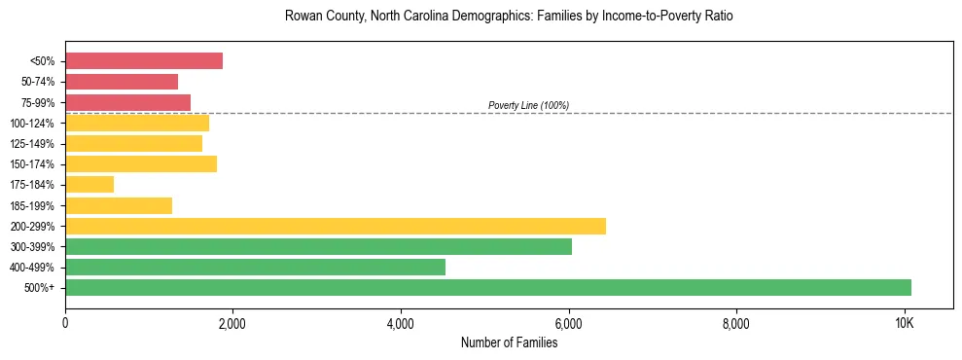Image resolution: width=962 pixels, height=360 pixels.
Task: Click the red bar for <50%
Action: click(144, 61)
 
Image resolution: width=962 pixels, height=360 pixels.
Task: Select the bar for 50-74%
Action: click(122, 82)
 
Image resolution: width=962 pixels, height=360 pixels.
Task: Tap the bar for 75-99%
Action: click(127, 102)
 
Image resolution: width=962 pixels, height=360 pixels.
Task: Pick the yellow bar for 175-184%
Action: click(89, 184)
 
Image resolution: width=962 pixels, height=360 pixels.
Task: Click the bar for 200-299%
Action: click(336, 226)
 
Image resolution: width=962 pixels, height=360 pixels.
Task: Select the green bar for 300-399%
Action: click(318, 246)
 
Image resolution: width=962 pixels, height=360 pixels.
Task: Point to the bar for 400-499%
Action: click(255, 267)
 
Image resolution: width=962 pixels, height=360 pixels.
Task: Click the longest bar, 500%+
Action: click(488, 287)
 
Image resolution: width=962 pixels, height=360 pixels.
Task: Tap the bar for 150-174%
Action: click(141, 163)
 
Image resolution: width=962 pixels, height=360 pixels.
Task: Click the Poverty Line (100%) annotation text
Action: click(528, 105)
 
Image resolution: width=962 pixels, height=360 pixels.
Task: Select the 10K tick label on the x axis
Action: click(904, 323)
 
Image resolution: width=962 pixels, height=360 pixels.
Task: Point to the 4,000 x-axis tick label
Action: click(401, 323)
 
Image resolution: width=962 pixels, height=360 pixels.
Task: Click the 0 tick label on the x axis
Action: click(65, 323)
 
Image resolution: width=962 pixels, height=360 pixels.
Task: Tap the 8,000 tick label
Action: click(736, 323)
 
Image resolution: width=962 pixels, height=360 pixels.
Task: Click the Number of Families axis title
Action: click(509, 342)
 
